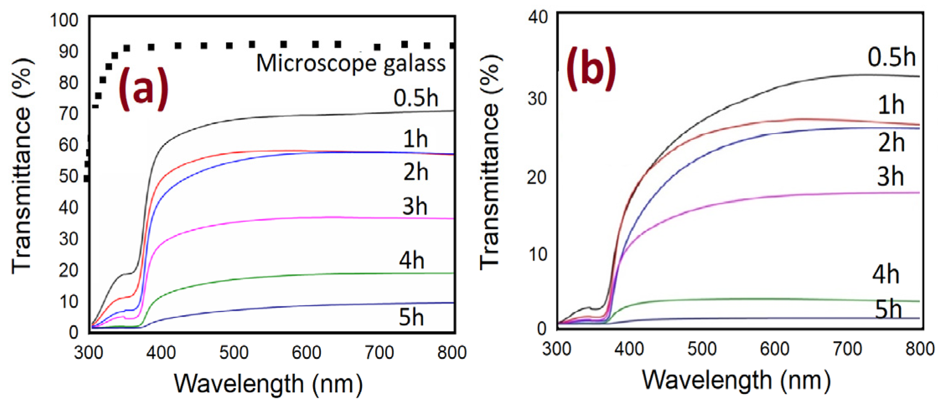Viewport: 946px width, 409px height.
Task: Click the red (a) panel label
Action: [143, 89]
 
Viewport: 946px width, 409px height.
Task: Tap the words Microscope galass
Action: [351, 64]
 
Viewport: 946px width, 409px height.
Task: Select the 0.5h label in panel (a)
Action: [415, 98]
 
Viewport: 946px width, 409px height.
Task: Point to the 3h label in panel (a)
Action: [415, 206]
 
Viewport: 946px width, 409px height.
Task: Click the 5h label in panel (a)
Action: [411, 317]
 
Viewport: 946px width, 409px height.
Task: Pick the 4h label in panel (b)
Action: [885, 275]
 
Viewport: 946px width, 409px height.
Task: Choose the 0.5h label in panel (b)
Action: [891, 57]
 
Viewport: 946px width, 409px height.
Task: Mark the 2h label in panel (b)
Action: [891, 142]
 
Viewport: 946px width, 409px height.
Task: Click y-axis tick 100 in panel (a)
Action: [64, 20]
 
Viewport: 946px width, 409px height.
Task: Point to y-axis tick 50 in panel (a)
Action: [69, 176]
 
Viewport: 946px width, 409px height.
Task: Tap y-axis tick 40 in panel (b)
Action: [538, 18]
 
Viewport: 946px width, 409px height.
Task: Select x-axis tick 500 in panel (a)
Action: [234, 352]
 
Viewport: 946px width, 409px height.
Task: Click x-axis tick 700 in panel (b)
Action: [847, 349]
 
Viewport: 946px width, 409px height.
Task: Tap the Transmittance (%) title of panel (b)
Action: [490, 163]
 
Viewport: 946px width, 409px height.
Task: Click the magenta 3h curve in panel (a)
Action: [293, 218]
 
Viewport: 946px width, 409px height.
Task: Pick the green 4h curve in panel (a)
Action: [293, 275]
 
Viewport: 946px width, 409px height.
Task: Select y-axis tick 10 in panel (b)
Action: [538, 254]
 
